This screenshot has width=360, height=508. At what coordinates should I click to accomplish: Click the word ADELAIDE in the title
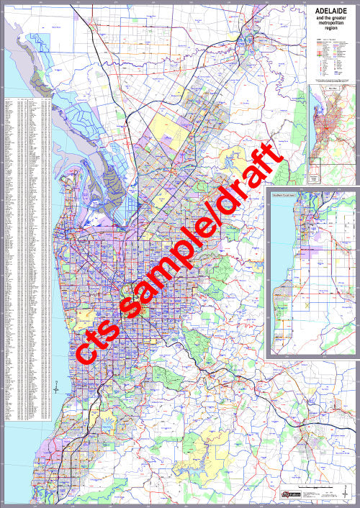330,12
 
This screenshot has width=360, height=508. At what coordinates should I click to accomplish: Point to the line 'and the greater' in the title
330,19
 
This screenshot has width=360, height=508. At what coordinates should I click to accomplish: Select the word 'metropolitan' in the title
330,26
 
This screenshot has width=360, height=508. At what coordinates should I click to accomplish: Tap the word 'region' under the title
330,32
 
